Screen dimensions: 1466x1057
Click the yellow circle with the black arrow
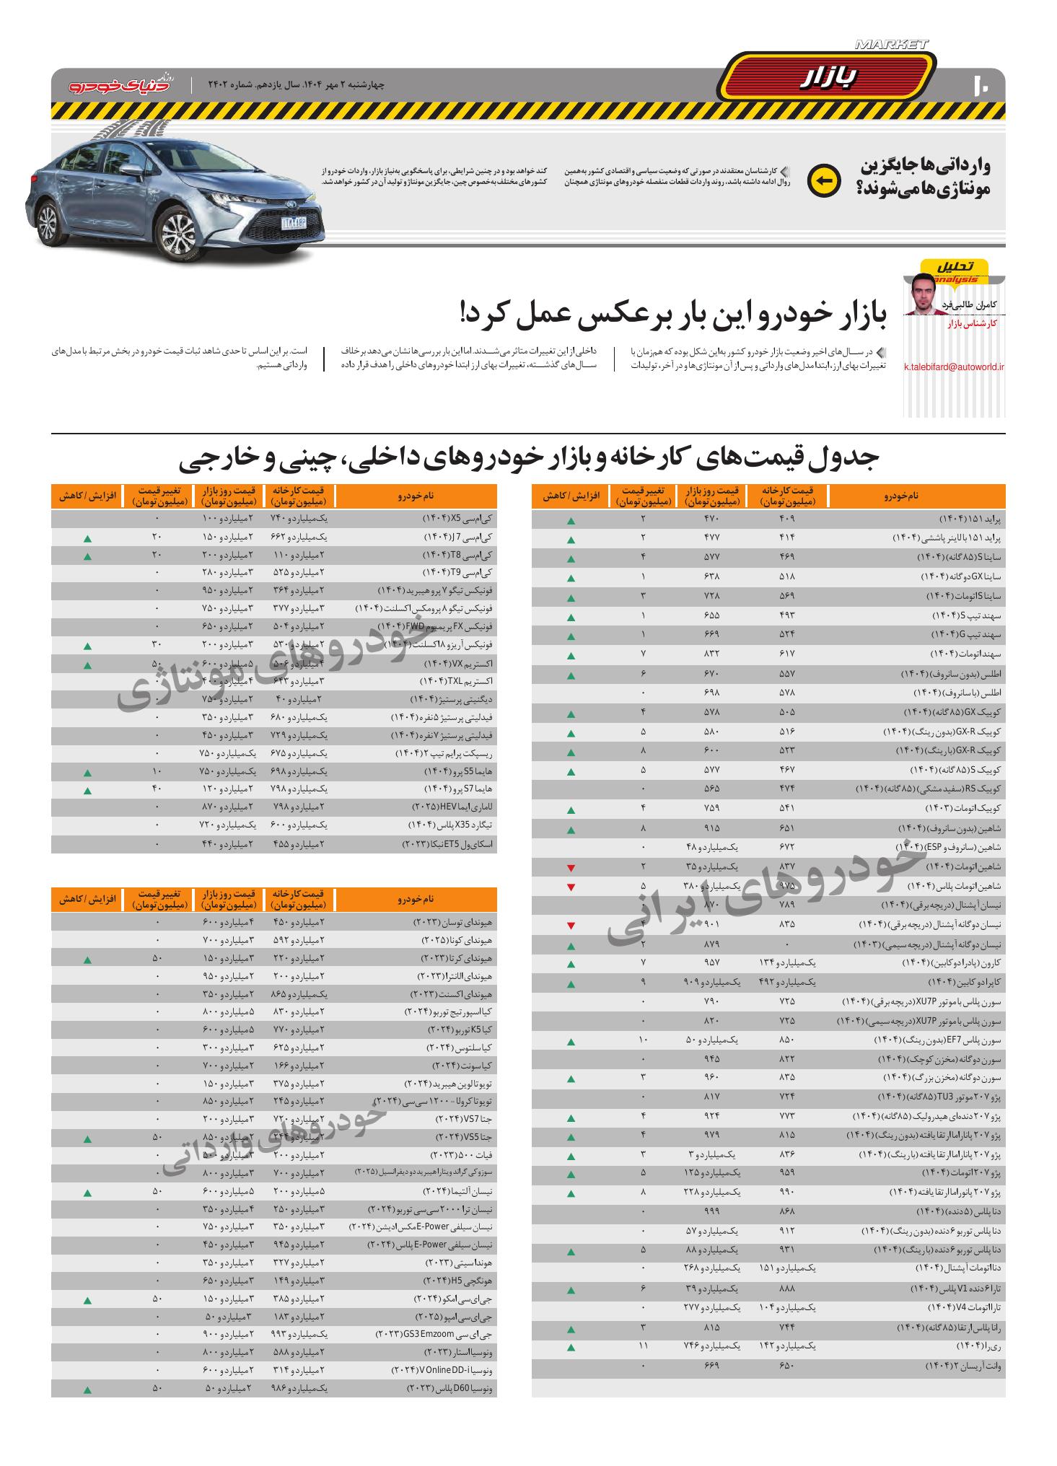(x=823, y=181)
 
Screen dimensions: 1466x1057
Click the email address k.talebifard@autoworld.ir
(x=954, y=366)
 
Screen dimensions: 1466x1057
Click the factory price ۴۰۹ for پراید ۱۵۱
(x=786, y=519)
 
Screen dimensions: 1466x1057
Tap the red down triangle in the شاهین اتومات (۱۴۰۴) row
(x=571, y=867)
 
